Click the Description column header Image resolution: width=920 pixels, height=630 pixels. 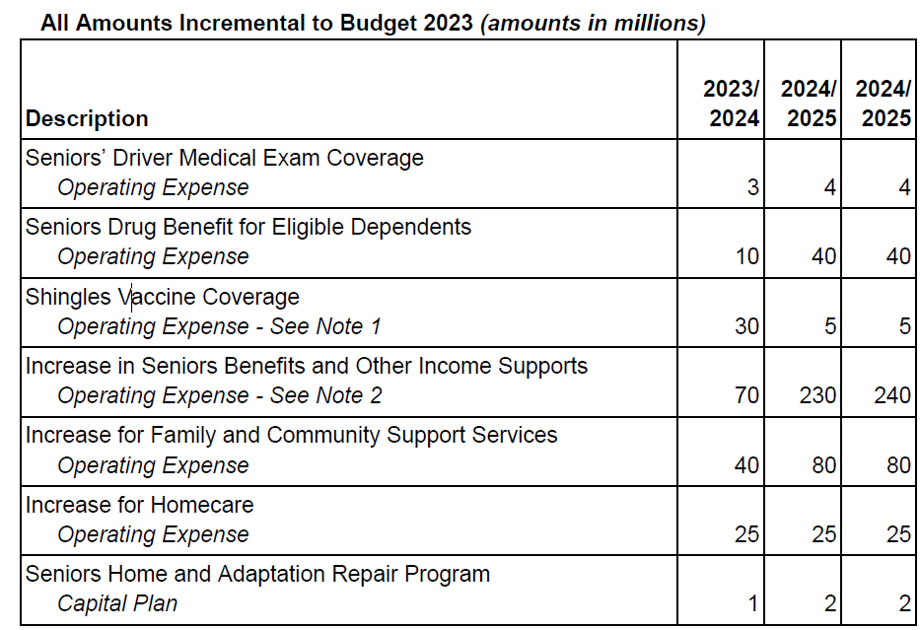(x=87, y=119)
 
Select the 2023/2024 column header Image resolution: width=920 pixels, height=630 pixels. (x=731, y=104)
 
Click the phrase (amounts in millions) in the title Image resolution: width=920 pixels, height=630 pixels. (x=593, y=24)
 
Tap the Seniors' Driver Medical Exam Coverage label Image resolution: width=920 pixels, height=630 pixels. (x=224, y=158)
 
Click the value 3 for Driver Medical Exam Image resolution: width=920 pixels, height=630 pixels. (x=752, y=187)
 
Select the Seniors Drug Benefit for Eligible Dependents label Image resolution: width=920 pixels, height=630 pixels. (x=248, y=227)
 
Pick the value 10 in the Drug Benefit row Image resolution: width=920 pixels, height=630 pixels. (x=747, y=256)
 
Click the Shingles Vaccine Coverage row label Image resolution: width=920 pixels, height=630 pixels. (x=163, y=297)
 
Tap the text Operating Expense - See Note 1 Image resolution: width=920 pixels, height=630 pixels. (x=219, y=326)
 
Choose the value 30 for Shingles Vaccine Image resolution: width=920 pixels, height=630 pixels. (x=747, y=326)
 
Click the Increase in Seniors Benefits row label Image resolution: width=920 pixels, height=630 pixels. (x=306, y=367)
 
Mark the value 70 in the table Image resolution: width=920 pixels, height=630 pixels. (x=747, y=396)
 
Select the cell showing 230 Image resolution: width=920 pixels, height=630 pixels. (x=817, y=396)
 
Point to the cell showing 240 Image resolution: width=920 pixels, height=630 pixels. (x=891, y=396)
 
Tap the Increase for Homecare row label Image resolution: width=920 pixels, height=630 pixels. (x=139, y=506)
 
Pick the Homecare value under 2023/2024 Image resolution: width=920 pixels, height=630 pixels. (x=747, y=535)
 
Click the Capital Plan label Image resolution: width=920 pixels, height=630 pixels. (x=117, y=604)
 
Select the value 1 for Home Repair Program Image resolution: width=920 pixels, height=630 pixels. (x=753, y=604)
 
